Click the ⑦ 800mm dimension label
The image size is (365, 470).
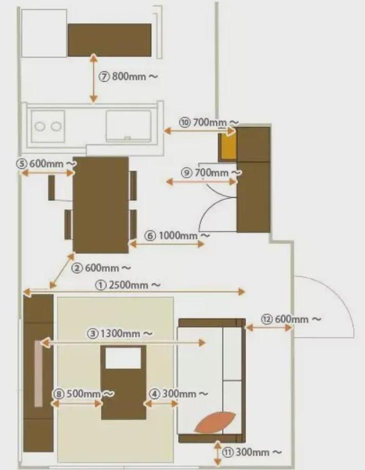[128, 76]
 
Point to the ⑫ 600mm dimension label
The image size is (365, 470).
[291, 319]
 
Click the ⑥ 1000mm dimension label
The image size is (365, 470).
[177, 236]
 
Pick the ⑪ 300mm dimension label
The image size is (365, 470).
[252, 452]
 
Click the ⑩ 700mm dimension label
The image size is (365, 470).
[209, 122]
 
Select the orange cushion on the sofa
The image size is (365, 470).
[215, 422]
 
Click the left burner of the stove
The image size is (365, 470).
[40, 126]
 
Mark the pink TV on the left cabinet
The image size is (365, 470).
[38, 373]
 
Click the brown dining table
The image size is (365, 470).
[101, 205]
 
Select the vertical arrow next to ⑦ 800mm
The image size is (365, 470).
[94, 78]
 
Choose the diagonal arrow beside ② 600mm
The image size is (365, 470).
[62, 271]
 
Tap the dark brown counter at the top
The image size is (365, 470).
[109, 39]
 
